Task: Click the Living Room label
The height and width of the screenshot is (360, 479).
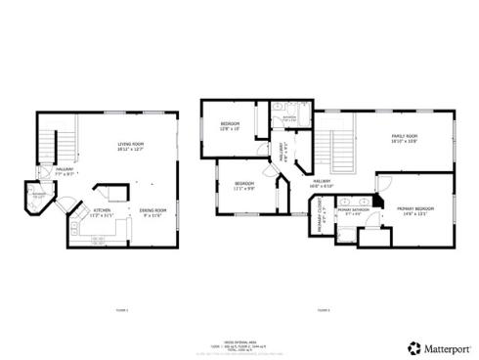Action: [132, 147]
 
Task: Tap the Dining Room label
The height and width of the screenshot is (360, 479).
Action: [153, 212]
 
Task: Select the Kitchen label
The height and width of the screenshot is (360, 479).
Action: [102, 212]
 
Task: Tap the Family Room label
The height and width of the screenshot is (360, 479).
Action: [405, 138]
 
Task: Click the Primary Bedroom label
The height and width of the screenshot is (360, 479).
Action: [415, 211]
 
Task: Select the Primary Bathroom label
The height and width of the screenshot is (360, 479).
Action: [353, 212]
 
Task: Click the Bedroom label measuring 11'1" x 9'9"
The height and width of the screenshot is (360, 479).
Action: [244, 186]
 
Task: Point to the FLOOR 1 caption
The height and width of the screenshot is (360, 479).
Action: [121, 309]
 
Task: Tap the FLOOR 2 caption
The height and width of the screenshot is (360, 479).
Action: [323, 309]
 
